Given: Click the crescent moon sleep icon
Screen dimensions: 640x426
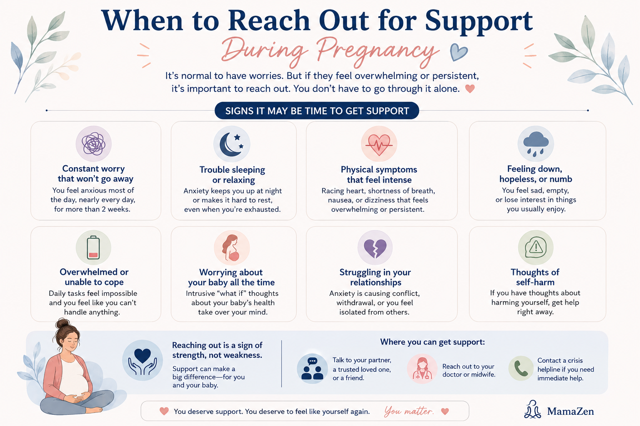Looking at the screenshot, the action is pyautogui.click(x=231, y=144).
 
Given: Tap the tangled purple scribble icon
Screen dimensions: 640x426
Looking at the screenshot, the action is pyautogui.click(x=93, y=144).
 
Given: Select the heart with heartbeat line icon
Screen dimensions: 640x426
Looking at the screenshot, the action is pyautogui.click(x=379, y=144).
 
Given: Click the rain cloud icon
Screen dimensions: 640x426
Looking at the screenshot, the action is pyautogui.click(x=535, y=144).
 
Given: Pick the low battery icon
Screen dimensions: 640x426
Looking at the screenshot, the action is pyautogui.click(x=93, y=248).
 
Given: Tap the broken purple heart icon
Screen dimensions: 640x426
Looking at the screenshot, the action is pyautogui.click(x=375, y=248).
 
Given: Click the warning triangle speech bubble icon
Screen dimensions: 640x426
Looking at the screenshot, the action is pyautogui.click(x=535, y=248).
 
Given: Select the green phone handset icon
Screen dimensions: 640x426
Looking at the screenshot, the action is pyautogui.click(x=521, y=368).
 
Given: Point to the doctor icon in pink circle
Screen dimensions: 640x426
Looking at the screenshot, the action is pyautogui.click(x=422, y=368).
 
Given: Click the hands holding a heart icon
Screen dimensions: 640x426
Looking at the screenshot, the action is pyautogui.click(x=142, y=360).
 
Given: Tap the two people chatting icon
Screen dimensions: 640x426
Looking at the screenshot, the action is pyautogui.click(x=312, y=369).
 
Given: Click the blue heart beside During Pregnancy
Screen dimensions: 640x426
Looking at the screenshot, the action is pyautogui.click(x=459, y=52).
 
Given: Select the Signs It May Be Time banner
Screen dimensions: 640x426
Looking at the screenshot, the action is pyautogui.click(x=317, y=111).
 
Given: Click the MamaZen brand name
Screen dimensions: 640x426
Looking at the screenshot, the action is pyautogui.click(x=570, y=411).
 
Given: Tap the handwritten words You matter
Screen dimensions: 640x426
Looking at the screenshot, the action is pyautogui.click(x=409, y=411).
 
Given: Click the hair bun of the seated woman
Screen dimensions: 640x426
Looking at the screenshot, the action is pyautogui.click(x=62, y=323).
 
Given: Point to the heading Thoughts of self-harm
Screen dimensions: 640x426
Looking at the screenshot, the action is pyautogui.click(x=535, y=277).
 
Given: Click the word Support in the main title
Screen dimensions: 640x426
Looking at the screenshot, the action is pyautogui.click(x=479, y=21).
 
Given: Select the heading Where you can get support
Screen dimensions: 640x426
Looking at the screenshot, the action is pyautogui.click(x=432, y=342).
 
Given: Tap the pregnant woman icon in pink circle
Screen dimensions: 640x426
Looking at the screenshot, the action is pyautogui.click(x=232, y=248).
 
